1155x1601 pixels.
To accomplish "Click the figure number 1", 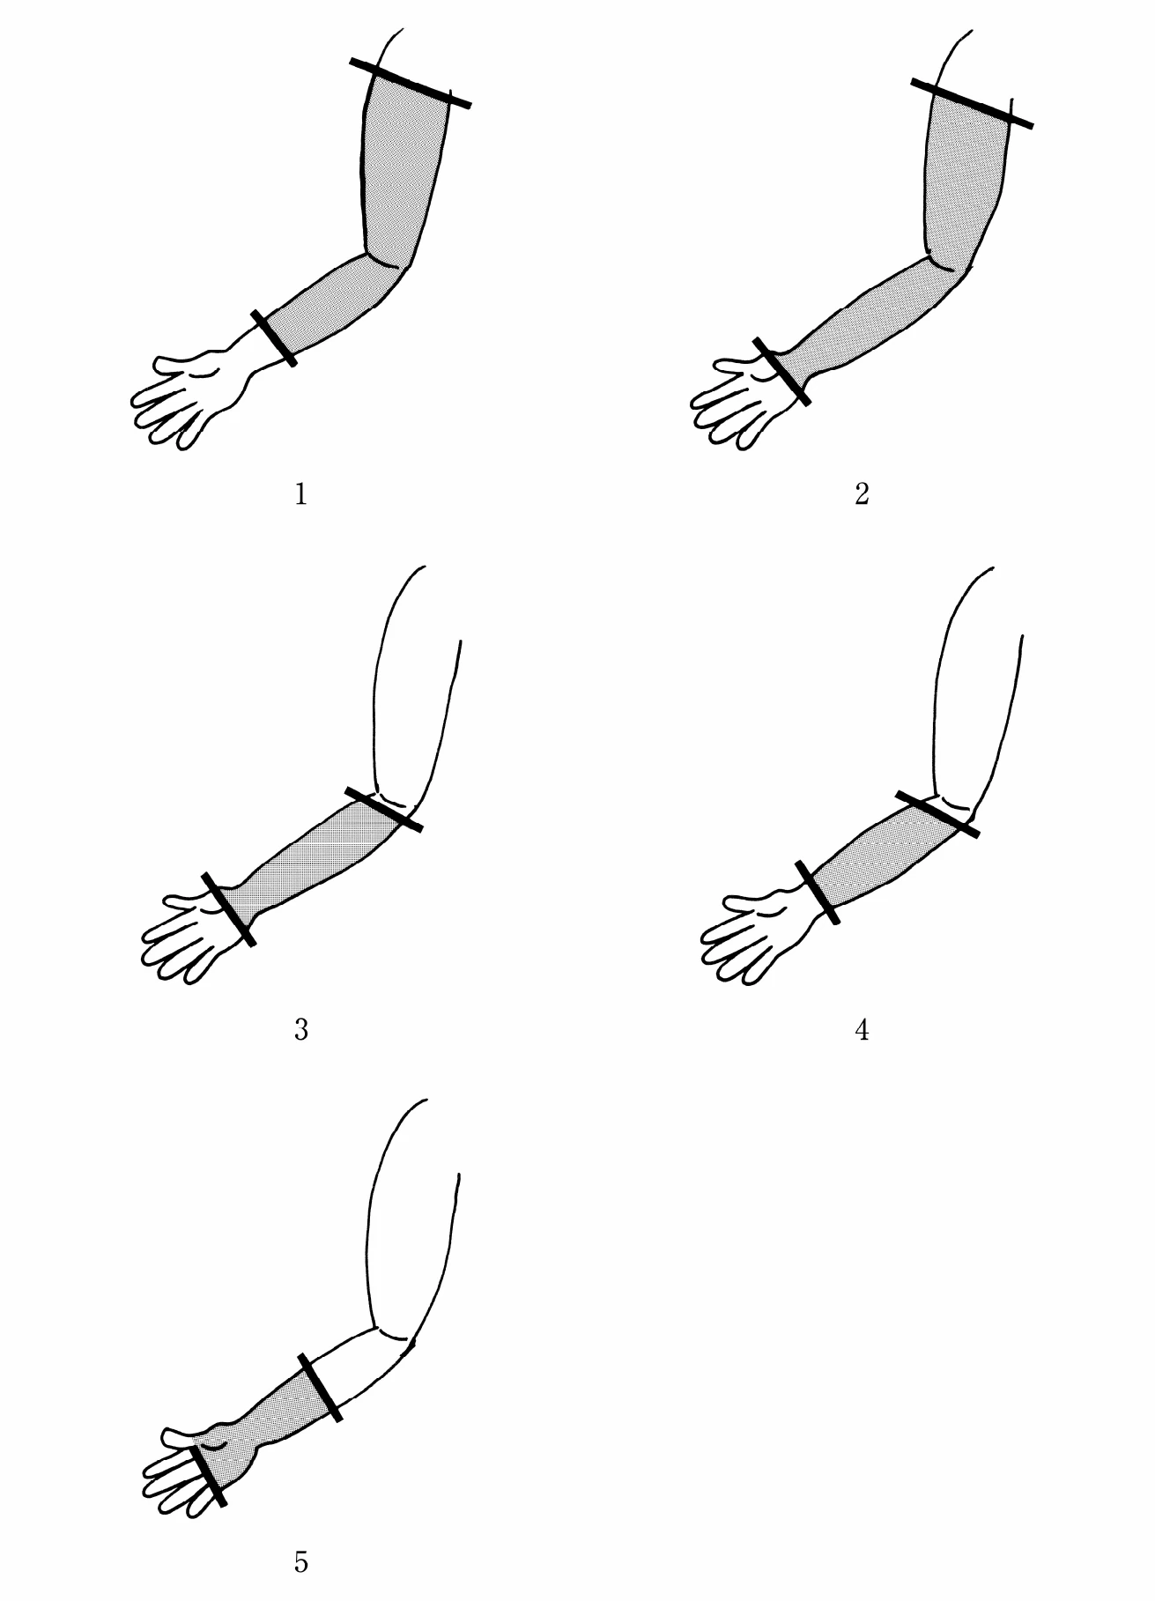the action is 300,494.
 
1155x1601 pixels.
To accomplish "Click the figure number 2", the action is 862,494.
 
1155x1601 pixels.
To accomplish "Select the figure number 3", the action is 300,1029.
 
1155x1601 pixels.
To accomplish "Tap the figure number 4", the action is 862,1029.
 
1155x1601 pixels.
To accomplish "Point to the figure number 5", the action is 300,1563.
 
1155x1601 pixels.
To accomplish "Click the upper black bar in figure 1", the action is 411,83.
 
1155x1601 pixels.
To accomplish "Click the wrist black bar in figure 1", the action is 273,337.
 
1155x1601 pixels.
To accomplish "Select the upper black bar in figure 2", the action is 972,103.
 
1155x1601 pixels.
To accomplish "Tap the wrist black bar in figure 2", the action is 781,371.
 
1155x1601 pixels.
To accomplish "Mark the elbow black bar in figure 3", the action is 383,809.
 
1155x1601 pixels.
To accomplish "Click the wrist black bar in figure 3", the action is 228,909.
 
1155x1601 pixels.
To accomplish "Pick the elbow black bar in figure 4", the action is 937,813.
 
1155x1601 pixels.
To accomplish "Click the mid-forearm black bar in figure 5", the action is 320,1387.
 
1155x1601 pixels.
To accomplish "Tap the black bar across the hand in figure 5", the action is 208,1476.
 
